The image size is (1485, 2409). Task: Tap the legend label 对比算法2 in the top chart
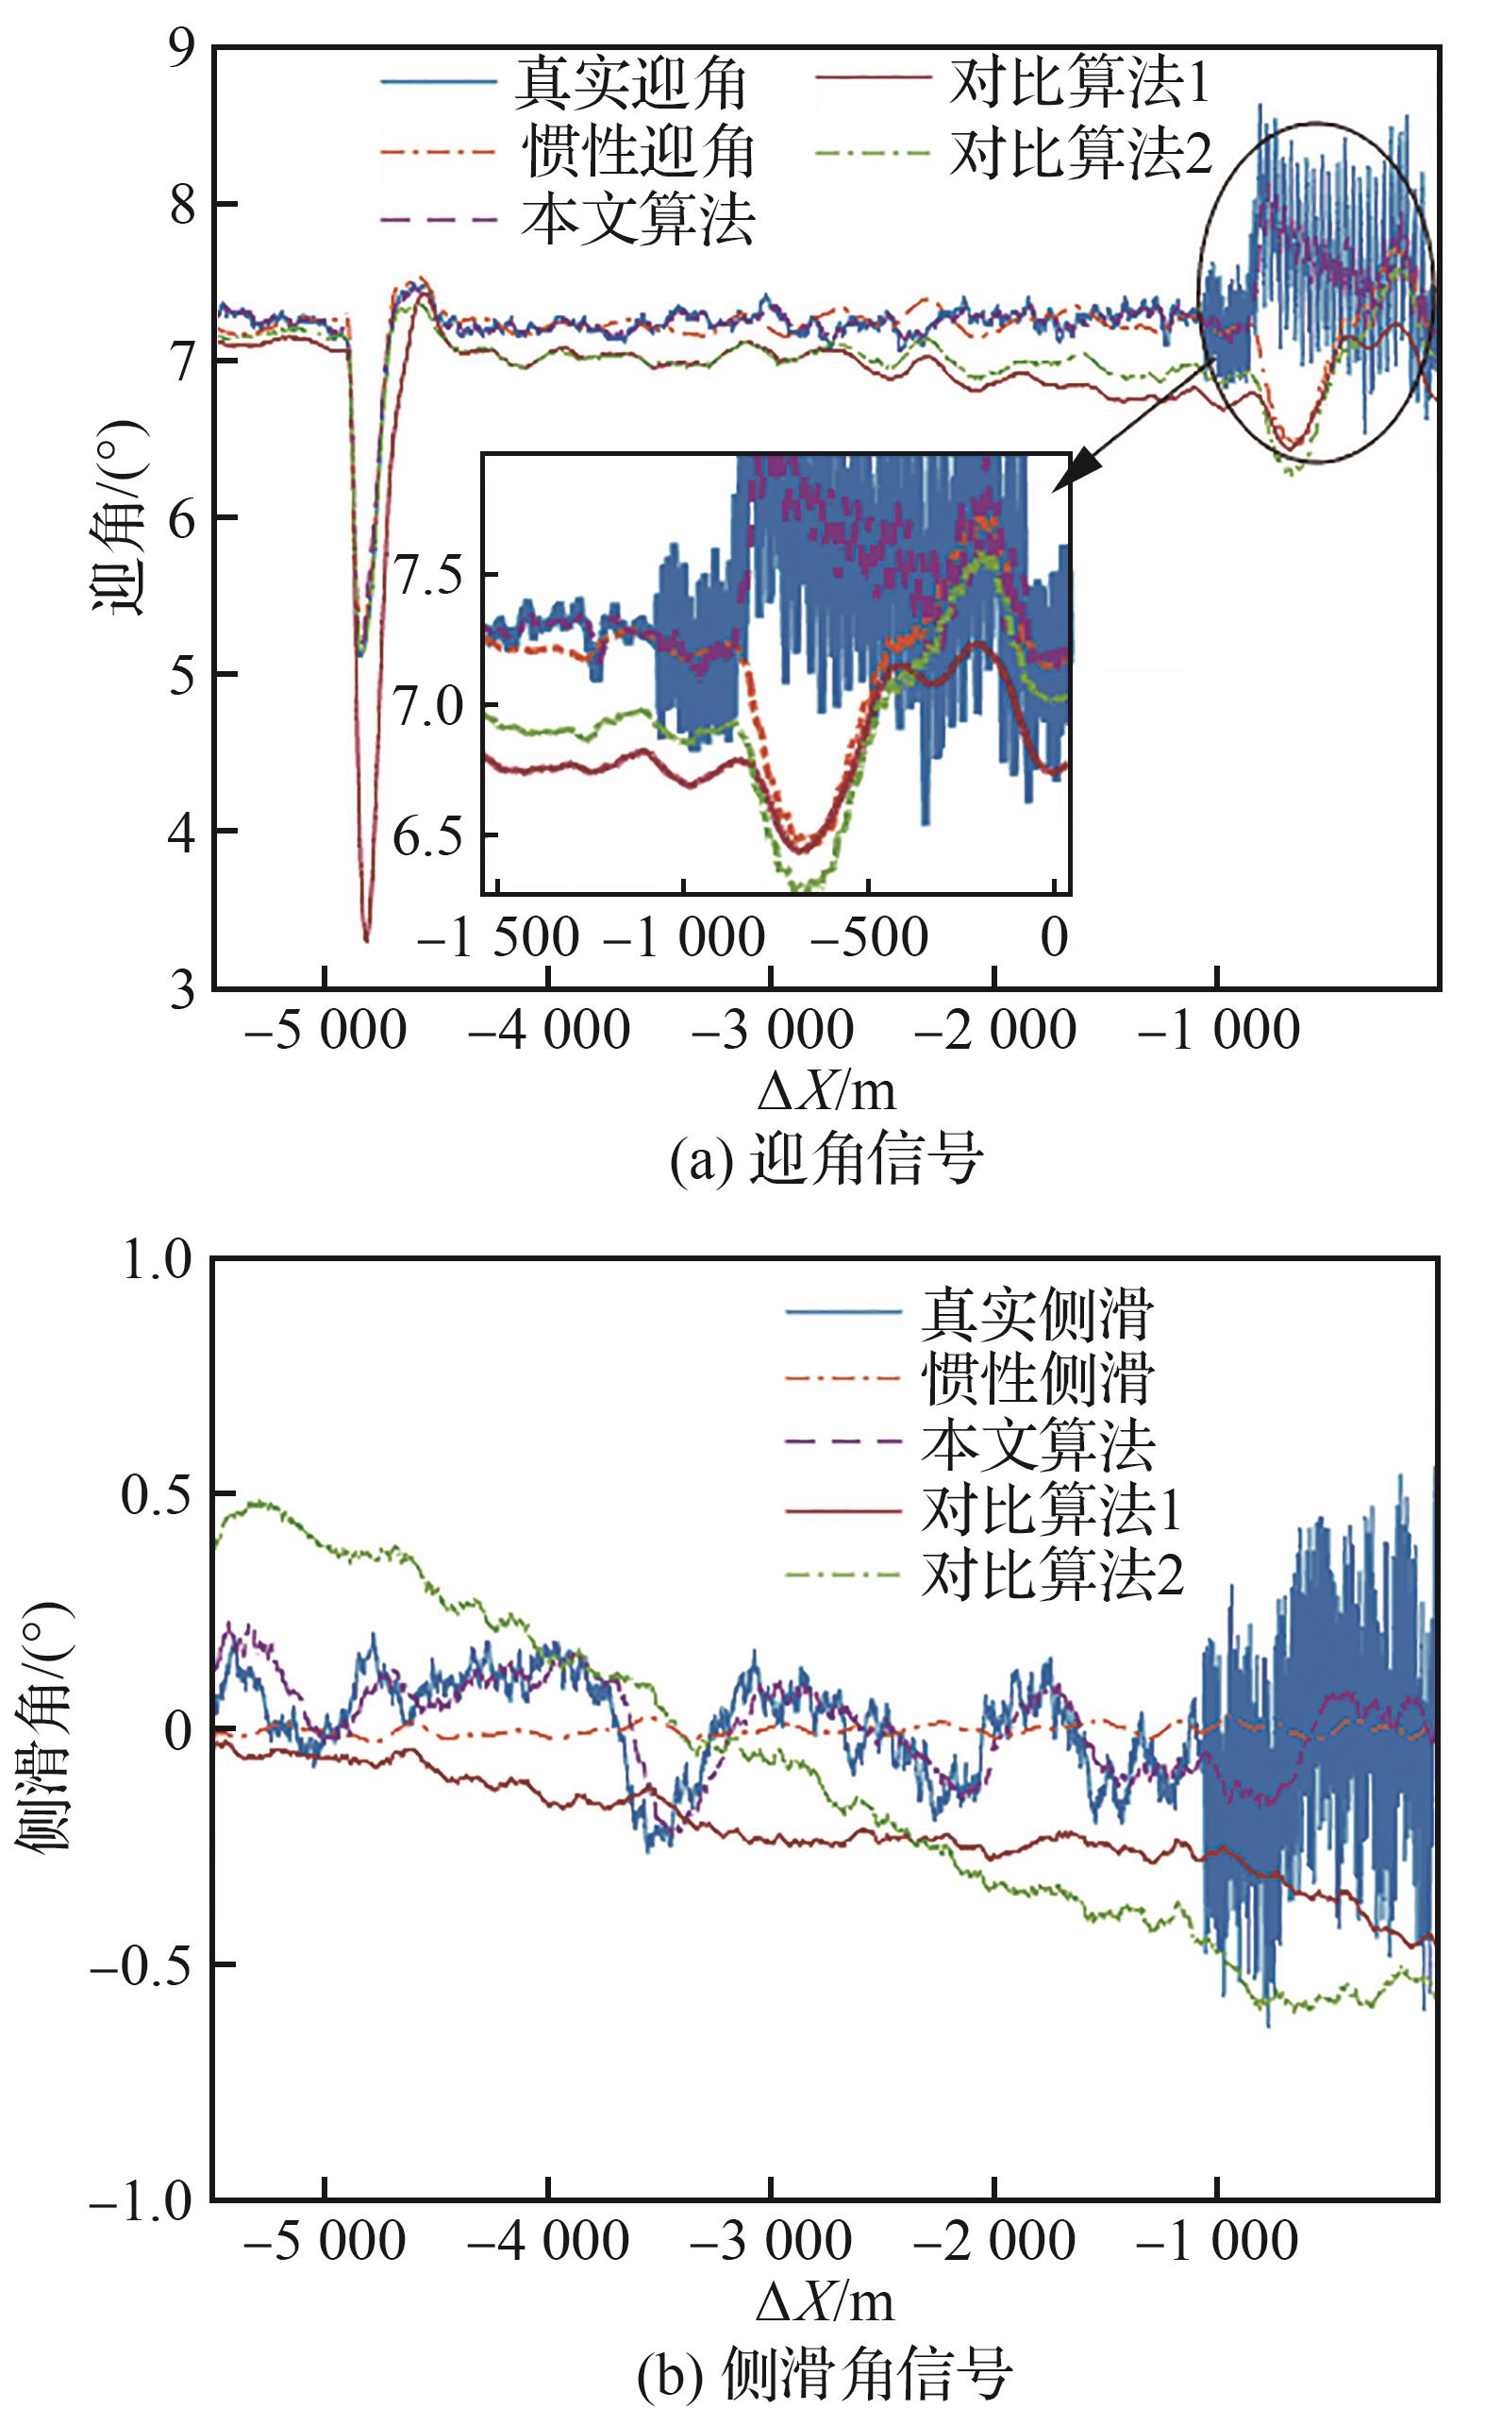pyautogui.click(x=1080, y=152)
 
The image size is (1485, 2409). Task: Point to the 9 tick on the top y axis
pyautogui.click(x=183, y=47)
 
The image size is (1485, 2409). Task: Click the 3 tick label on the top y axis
pyautogui.click(x=183, y=988)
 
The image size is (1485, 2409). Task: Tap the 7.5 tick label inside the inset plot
pyautogui.click(x=428, y=576)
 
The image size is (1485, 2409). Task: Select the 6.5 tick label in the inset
pyautogui.click(x=428, y=836)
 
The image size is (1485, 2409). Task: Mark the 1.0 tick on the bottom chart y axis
pyautogui.click(x=158, y=1260)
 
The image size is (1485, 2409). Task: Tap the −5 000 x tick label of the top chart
pyautogui.click(x=325, y=1032)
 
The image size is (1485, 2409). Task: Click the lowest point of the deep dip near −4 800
pyautogui.click(x=366, y=940)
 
